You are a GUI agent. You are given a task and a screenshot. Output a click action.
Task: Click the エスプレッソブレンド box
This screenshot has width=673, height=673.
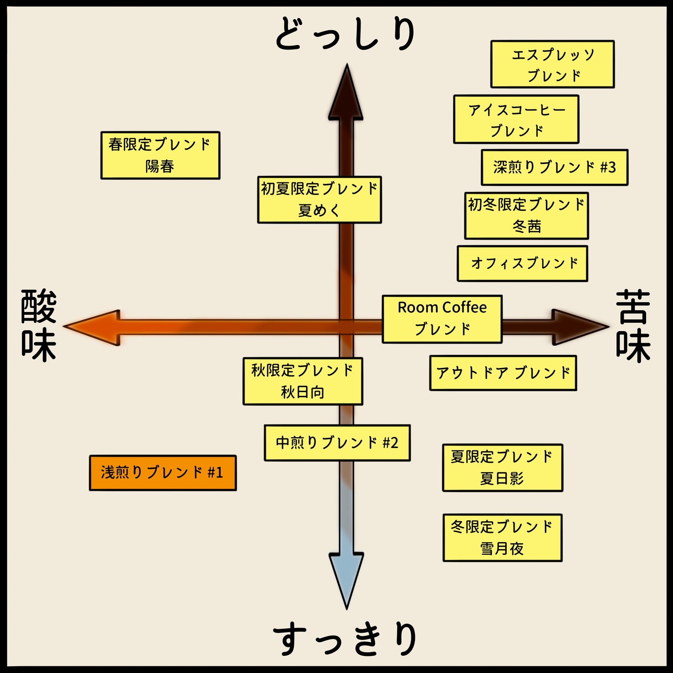click(x=552, y=64)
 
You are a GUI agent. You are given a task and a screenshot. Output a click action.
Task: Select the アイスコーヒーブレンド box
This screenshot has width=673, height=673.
click(x=516, y=119)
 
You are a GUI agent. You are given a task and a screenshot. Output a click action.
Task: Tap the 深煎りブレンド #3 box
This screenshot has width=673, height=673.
click(x=554, y=167)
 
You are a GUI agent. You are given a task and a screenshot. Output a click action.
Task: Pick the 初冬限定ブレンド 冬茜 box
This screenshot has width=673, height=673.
click(x=526, y=216)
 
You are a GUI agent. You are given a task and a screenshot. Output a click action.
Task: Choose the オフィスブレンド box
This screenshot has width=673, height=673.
click(x=522, y=264)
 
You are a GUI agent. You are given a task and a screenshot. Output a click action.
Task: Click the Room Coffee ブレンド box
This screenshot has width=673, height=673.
click(x=442, y=319)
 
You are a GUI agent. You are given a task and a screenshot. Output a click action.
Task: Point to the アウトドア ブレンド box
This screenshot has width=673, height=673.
click(x=503, y=373)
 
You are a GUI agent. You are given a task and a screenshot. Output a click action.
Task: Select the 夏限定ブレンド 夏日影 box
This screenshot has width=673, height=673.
click(x=503, y=468)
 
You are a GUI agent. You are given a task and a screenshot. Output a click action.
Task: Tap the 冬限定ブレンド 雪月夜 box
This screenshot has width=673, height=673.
click(x=503, y=538)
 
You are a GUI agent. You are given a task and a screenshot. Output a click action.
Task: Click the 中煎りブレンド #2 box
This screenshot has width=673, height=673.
click(x=337, y=443)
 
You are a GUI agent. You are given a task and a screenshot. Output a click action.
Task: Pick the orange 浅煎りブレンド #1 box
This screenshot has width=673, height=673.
click(x=163, y=473)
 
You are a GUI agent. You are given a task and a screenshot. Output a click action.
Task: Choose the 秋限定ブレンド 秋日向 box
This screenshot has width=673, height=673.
click(x=303, y=381)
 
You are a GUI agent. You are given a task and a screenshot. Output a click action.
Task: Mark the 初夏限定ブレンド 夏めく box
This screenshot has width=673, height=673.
click(x=320, y=200)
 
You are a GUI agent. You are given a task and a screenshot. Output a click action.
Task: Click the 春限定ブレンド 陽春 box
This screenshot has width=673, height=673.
click(x=160, y=156)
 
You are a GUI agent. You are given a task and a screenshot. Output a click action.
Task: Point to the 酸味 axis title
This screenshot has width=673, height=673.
click(x=39, y=326)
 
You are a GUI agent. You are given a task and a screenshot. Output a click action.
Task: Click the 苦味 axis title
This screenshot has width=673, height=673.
click(x=633, y=326)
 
